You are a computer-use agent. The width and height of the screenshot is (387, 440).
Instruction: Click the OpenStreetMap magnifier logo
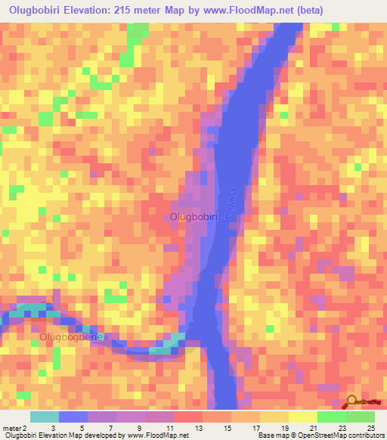click(351, 401)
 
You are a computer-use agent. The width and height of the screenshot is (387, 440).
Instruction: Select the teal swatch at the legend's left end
click(45, 417)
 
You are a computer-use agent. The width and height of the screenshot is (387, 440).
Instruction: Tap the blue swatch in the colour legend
click(73, 417)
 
